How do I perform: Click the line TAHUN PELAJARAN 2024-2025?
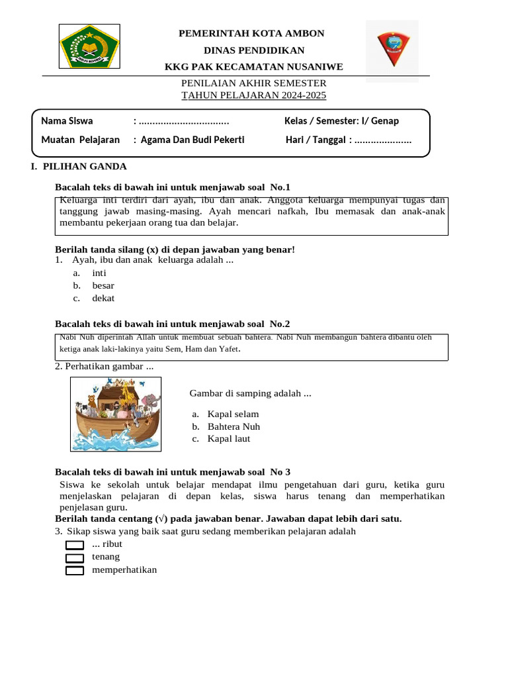[x=254, y=95]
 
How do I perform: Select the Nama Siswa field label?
[x=67, y=121]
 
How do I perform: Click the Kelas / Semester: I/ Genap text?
[x=341, y=121]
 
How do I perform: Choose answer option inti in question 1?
[x=99, y=273]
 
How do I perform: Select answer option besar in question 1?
[x=103, y=285]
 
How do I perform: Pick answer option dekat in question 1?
[x=103, y=298]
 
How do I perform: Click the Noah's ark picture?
[x=116, y=413]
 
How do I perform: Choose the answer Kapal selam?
[x=232, y=414]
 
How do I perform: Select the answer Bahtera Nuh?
[x=233, y=426]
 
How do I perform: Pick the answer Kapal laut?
[x=229, y=438]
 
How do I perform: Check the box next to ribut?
[x=75, y=545]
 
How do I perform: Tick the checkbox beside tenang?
[x=75, y=557]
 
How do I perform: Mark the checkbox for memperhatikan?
[x=75, y=570]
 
